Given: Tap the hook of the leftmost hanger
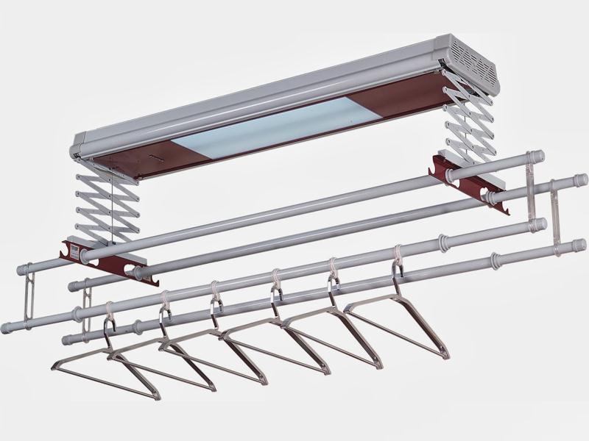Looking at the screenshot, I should (x=109, y=327).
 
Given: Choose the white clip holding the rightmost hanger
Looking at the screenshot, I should (x=398, y=254).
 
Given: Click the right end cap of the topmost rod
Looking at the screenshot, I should (x=537, y=156).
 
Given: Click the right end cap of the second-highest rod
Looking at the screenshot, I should (x=579, y=180).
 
